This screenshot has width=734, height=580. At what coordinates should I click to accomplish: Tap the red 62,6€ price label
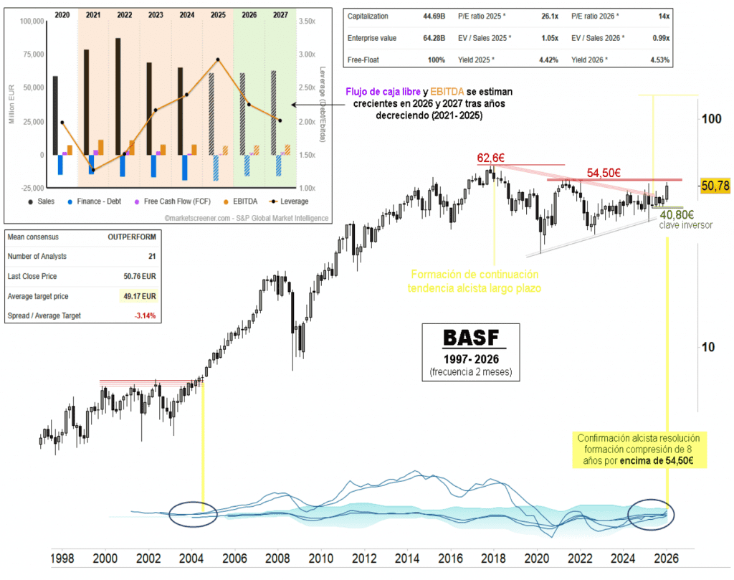pyautogui.click(x=494, y=157)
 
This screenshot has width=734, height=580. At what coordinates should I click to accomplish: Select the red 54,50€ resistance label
pyautogui.click(x=604, y=173)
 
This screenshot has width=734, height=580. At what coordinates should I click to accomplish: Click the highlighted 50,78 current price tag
pyautogui.click(x=715, y=186)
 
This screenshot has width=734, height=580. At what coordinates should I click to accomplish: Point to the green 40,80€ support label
pyautogui.click(x=677, y=214)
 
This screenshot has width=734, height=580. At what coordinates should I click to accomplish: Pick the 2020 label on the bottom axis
pyautogui.click(x=537, y=557)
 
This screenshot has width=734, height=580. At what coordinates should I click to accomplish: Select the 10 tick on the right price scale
pyautogui.click(x=709, y=347)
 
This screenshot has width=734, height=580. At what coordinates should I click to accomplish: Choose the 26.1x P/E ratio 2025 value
pyautogui.click(x=548, y=16)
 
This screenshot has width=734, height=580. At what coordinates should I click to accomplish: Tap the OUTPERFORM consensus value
pyautogui.click(x=131, y=237)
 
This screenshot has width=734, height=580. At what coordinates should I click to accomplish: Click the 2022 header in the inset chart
pyautogui.click(x=125, y=14)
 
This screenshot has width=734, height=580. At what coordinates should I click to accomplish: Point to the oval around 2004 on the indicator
pyautogui.click(x=194, y=514)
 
